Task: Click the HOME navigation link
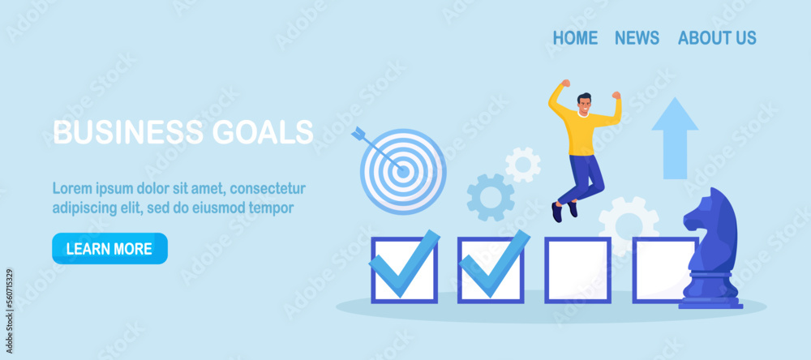click(x=575, y=38)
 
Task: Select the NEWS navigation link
click(x=637, y=38)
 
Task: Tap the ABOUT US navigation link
click(x=717, y=38)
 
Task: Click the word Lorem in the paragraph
click(x=71, y=188)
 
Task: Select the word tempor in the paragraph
click(x=273, y=208)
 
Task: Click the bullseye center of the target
click(x=403, y=171)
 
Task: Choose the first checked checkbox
click(x=404, y=269)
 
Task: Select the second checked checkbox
click(x=491, y=269)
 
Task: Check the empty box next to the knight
click(x=663, y=270)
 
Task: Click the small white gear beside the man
click(x=523, y=165)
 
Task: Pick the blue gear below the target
click(x=491, y=197)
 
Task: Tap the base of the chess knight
click(x=710, y=300)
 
